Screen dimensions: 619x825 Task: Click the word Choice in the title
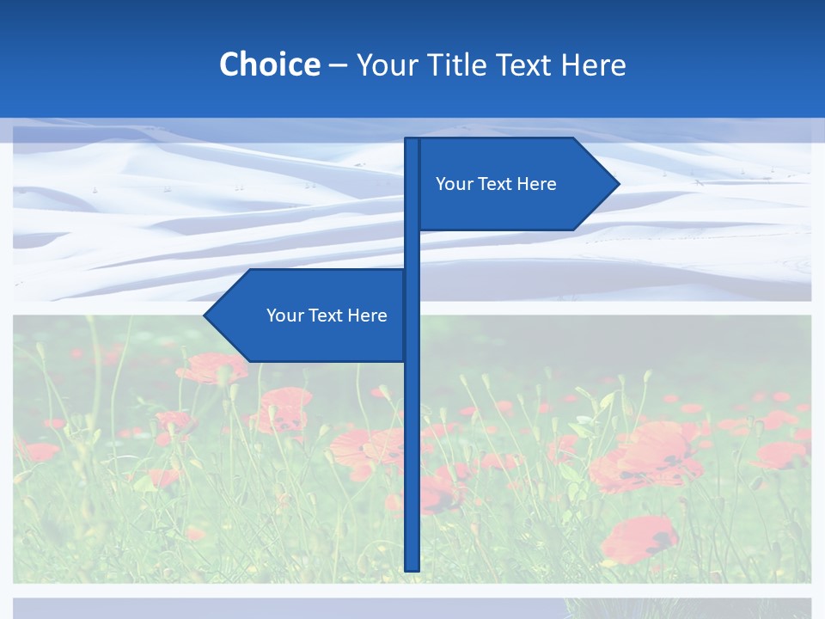269,64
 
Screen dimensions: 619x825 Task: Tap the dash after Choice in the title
338,65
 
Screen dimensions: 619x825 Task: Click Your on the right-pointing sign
453,184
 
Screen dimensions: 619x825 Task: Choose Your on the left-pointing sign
284,316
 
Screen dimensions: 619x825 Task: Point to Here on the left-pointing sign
367,316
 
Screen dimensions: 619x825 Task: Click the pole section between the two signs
412,249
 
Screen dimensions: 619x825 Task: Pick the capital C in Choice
229,64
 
